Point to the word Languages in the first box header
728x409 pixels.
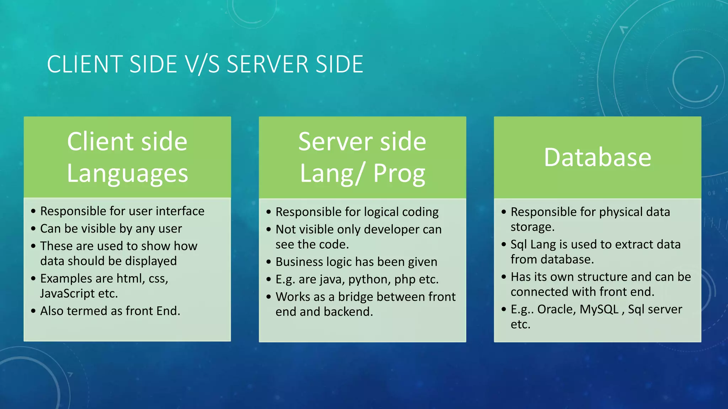click(x=127, y=173)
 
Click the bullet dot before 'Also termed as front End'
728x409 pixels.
click(x=33, y=311)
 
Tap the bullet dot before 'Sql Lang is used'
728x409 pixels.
click(x=504, y=245)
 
